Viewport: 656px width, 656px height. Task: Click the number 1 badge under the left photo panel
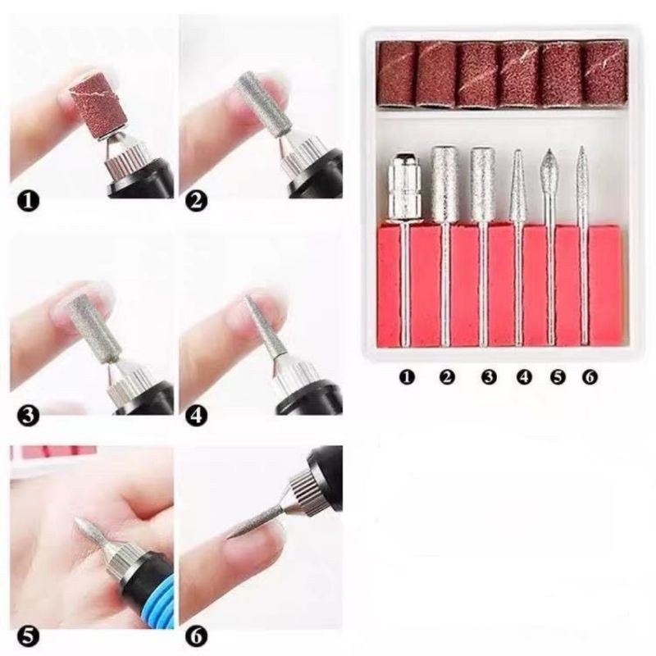click(x=28, y=202)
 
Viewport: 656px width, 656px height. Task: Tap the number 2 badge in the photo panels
click(x=196, y=202)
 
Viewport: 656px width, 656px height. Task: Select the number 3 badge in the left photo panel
click(x=28, y=417)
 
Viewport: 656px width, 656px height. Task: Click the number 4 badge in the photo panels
click(x=196, y=417)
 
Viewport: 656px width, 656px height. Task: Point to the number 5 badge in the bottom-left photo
click(x=28, y=637)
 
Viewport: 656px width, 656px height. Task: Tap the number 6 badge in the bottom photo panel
click(x=196, y=637)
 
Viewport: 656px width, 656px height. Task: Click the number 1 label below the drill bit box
click(x=407, y=377)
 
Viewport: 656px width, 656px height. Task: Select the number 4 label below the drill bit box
click(x=524, y=377)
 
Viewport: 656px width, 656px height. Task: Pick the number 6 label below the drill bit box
click(x=589, y=377)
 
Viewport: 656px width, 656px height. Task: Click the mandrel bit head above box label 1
click(x=404, y=186)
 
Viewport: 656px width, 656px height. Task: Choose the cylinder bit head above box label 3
click(x=483, y=184)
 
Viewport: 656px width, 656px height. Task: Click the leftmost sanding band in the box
click(x=397, y=75)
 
